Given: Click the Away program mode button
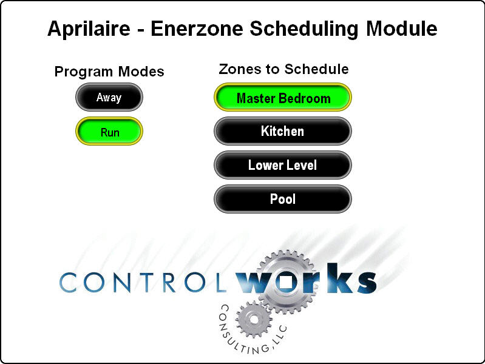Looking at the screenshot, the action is [109, 97].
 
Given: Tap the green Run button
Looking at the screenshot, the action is [109, 131].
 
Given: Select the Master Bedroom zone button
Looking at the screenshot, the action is [283, 97].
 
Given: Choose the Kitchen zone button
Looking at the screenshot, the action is [283, 131].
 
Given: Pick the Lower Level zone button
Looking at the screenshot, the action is [283, 165].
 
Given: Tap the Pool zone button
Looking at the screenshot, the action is [283, 199].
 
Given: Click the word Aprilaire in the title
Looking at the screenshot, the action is [89, 29].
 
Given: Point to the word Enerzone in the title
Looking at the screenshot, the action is [197, 29].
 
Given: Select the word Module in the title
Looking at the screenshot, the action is [401, 29].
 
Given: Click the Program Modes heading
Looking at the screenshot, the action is [109, 72].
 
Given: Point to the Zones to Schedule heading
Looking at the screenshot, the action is [283, 69].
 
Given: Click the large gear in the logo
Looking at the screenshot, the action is [286, 281].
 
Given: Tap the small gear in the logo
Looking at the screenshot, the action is [254, 319].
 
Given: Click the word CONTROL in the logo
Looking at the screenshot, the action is [143, 282].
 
